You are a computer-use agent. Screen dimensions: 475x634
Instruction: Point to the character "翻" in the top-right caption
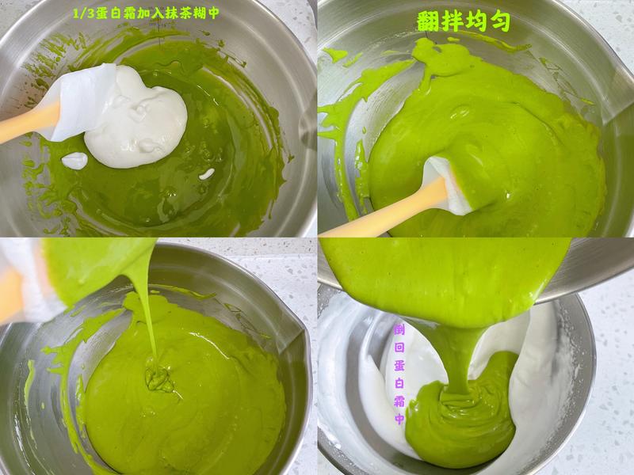tap(428, 21)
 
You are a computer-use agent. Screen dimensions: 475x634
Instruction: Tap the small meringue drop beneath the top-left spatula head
tap(74, 160)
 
